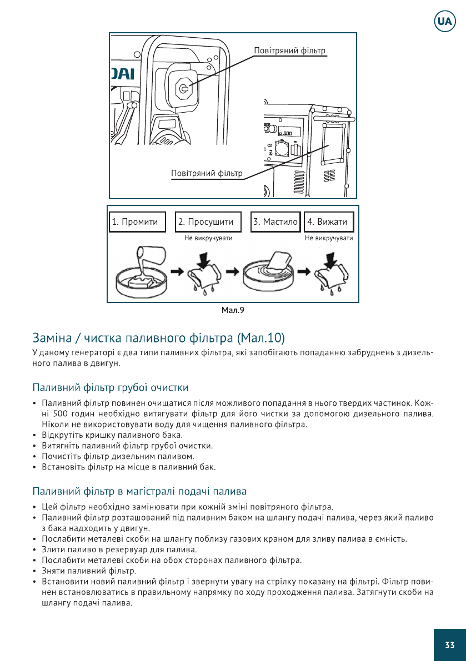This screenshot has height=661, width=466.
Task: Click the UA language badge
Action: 444,22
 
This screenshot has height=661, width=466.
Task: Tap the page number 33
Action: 449,645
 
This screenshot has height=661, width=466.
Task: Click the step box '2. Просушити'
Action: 208,222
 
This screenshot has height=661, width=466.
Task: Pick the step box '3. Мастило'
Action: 275,222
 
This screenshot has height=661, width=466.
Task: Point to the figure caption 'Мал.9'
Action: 233,310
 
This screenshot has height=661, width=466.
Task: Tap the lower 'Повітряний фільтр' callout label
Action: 207,173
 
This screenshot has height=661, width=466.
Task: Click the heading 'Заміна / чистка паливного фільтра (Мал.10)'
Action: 158,337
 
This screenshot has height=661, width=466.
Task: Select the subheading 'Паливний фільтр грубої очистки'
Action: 111,387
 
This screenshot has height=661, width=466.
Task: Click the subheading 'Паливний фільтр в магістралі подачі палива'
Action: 139,491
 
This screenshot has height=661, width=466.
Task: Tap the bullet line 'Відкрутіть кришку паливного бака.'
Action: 112,435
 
